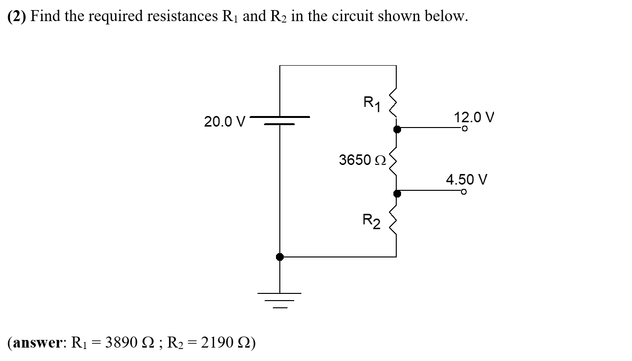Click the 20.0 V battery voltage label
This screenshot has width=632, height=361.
point(224,122)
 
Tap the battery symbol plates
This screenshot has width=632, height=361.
point(280,120)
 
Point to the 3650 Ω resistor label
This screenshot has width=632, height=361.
point(362,160)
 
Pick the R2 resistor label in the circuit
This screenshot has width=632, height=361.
point(371,222)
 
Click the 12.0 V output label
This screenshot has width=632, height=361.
point(473,117)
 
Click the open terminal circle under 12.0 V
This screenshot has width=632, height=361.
point(464,128)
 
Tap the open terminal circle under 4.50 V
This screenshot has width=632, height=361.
point(463,192)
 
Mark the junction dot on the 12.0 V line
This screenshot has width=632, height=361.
point(396,128)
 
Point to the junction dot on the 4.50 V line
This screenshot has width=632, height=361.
point(396,193)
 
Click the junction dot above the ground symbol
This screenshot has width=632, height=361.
point(280,257)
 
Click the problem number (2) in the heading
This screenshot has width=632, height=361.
point(17,16)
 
